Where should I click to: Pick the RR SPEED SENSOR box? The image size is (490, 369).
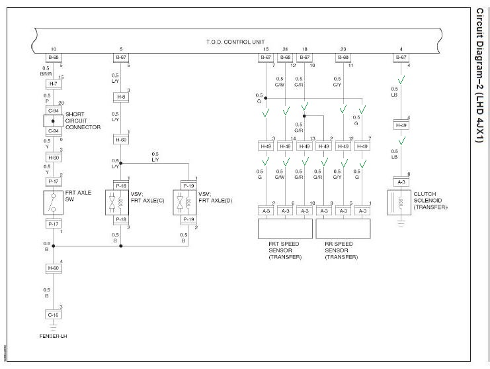(343, 229)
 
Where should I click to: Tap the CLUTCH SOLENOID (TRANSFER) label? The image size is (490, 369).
(430, 201)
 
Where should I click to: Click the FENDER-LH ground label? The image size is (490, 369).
(54, 336)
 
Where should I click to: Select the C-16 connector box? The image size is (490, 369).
(54, 315)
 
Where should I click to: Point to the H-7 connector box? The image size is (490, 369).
(54, 84)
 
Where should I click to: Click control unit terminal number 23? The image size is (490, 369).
(343, 50)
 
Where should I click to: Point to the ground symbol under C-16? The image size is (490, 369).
(54, 325)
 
